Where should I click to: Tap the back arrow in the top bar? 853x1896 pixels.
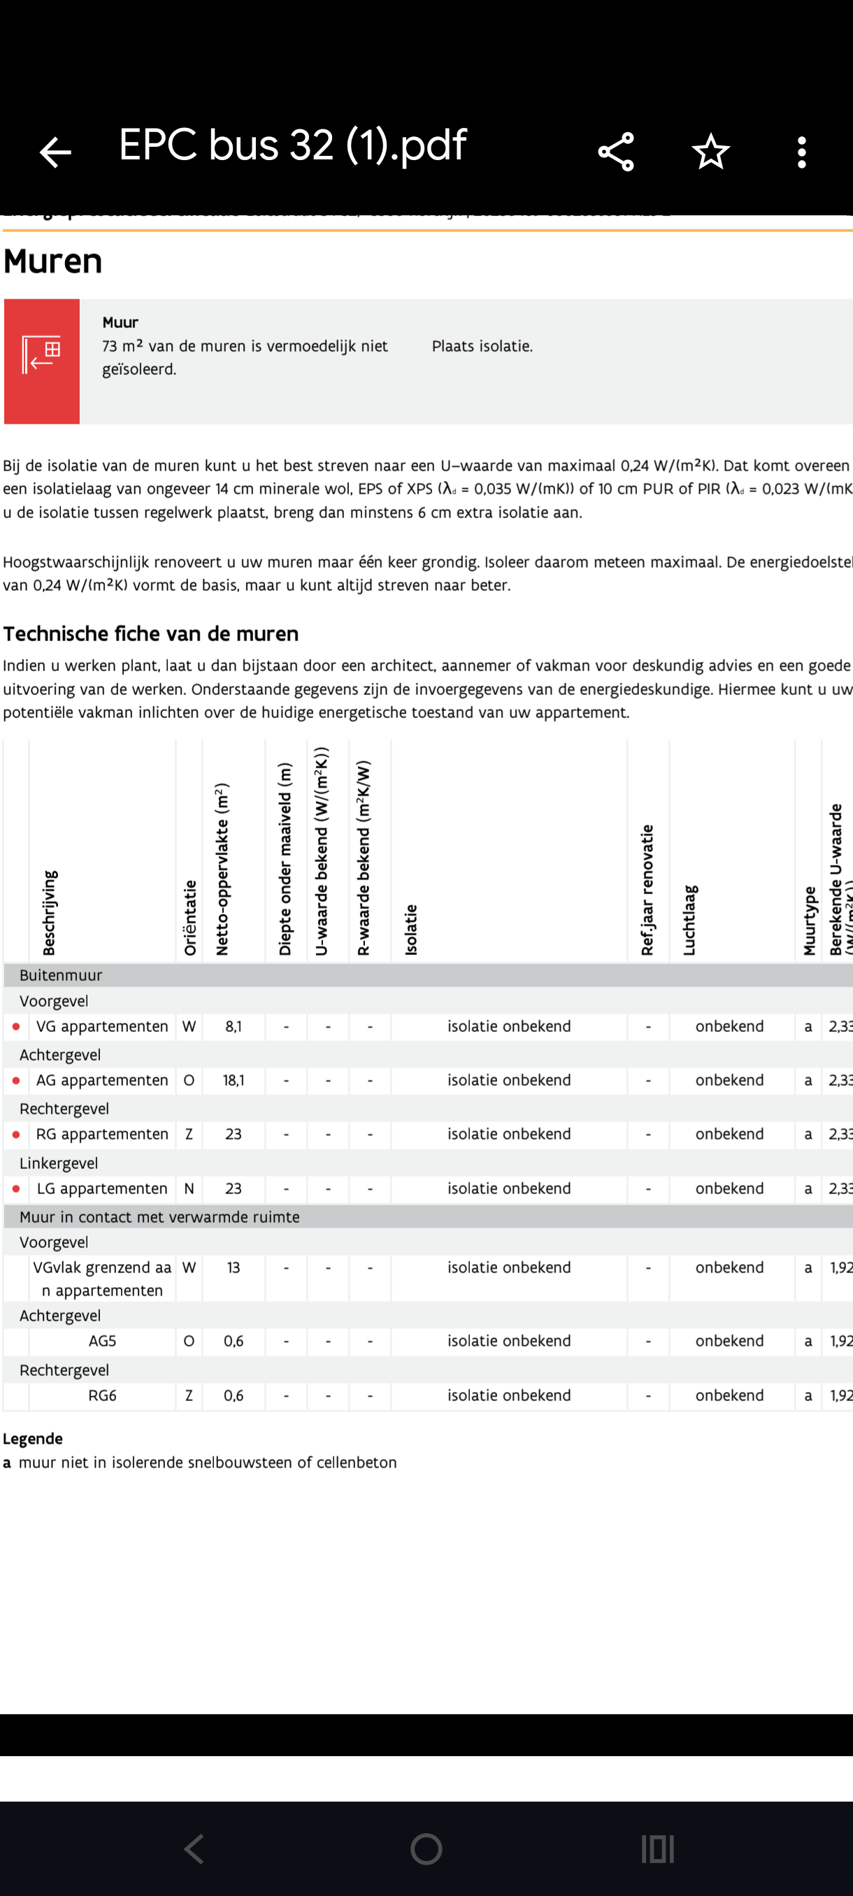(55, 152)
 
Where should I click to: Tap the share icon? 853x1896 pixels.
(616, 152)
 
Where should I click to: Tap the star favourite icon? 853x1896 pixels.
(710, 152)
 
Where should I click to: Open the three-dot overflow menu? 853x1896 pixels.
(801, 152)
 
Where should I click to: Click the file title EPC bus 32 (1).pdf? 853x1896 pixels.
(292, 145)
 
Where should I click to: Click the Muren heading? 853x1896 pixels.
(53, 261)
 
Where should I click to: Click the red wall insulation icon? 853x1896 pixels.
(42, 361)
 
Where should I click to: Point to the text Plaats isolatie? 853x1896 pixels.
(482, 346)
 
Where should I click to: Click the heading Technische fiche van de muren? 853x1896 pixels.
(151, 633)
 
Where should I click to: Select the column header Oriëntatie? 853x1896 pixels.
(190, 917)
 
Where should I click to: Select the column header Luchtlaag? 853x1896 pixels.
(689, 919)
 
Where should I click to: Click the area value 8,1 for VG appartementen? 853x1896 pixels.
(234, 1026)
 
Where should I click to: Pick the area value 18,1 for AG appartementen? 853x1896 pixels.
(234, 1079)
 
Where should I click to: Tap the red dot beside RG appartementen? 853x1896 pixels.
(16, 1134)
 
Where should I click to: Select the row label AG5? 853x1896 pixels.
(102, 1341)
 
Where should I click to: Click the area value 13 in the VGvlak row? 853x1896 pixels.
(234, 1267)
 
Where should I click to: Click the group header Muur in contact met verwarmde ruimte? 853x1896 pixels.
(159, 1216)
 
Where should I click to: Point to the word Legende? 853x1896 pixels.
(33, 1439)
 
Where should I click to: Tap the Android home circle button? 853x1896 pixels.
(426, 1848)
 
